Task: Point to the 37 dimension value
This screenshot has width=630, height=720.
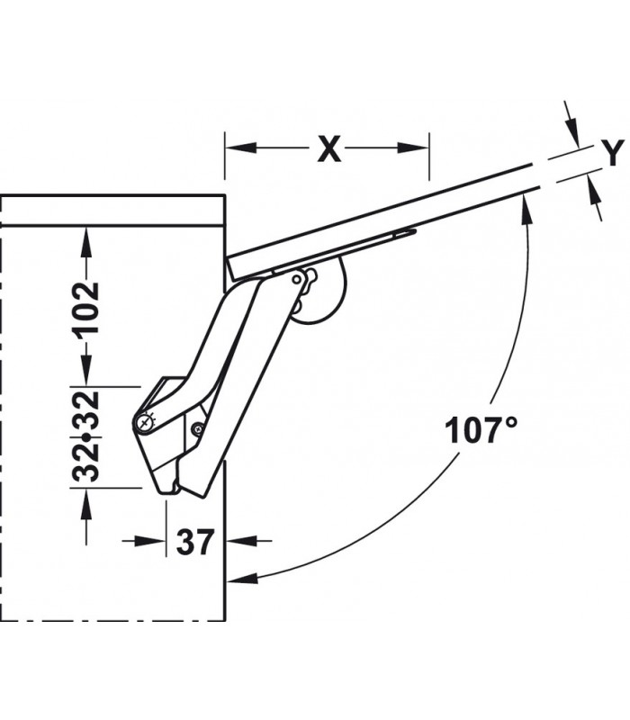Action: tap(194, 542)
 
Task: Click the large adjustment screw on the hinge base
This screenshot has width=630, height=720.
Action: tap(147, 420)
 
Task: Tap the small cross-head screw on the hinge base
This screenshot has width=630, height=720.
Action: tap(196, 431)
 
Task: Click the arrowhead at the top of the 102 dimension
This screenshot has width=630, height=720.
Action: tap(86, 236)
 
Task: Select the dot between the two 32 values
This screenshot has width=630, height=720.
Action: tap(86, 436)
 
